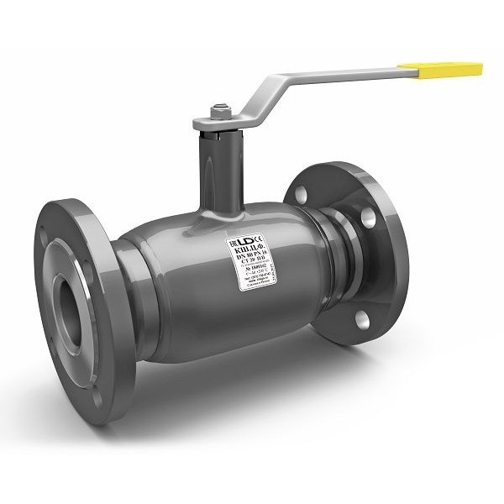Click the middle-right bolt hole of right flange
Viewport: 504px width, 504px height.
click(x=367, y=220)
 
